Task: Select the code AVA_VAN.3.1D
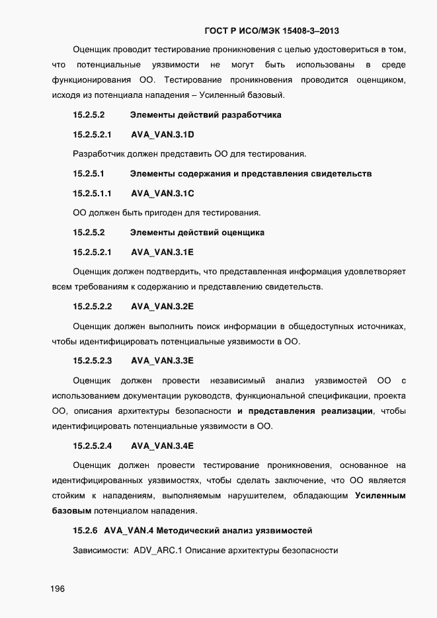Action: click(x=162, y=134)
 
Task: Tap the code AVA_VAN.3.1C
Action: click(x=162, y=193)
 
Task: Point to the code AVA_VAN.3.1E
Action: click(x=162, y=252)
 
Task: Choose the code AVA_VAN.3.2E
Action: click(x=162, y=306)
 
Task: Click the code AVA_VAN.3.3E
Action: click(x=162, y=360)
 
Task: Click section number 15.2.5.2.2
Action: click(x=93, y=306)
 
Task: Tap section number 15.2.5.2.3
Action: click(x=93, y=360)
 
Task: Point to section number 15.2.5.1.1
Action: click(x=93, y=193)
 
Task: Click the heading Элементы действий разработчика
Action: click(x=206, y=114)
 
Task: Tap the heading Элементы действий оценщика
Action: click(x=197, y=232)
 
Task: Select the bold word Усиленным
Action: click(x=380, y=495)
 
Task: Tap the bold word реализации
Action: click(x=347, y=411)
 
